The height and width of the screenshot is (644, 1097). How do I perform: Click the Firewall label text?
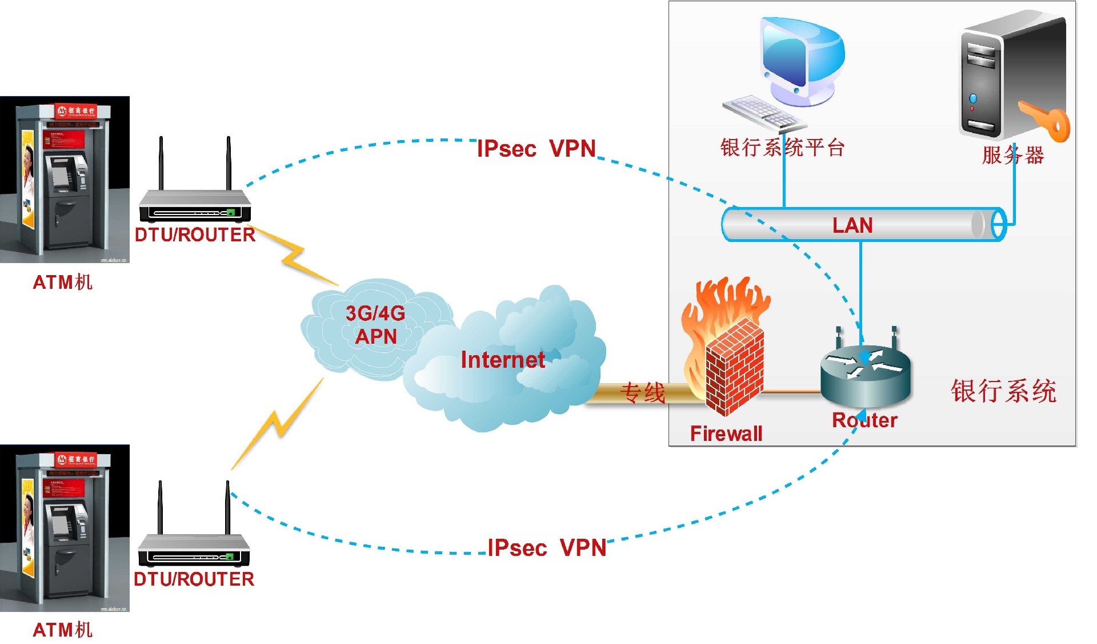click(726, 434)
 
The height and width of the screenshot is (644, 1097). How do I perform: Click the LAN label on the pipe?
click(852, 225)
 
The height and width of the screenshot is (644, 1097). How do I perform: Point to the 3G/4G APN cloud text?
click(375, 325)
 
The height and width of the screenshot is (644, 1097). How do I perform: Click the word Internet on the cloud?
click(503, 360)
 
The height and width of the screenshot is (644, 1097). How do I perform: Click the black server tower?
click(1006, 74)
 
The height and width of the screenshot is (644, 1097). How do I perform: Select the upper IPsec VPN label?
click(536, 149)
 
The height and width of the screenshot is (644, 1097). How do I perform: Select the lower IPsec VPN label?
click(547, 548)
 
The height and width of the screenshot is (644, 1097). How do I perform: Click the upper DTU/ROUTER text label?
click(195, 234)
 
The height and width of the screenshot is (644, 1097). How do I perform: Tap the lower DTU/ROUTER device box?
click(194, 550)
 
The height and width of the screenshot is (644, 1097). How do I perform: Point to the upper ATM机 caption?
click(63, 282)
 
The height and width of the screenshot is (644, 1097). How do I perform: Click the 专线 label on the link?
click(643, 393)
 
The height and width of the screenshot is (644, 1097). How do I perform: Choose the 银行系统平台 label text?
click(782, 148)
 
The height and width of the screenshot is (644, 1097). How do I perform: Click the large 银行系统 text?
click(1004, 391)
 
